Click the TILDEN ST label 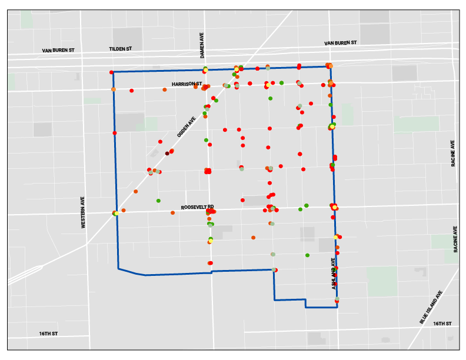[x=121, y=49]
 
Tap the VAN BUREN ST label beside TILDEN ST [x=58, y=51]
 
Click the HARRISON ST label [x=187, y=84]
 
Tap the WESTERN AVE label [x=84, y=212]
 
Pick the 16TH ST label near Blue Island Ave [x=442, y=324]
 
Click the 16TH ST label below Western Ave [x=48, y=334]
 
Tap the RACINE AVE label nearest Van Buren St [x=453, y=154]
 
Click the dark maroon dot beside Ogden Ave [x=167, y=154]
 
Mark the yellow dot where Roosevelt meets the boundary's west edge [x=116, y=214]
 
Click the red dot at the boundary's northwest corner [x=111, y=72]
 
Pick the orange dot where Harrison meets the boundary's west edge [x=113, y=89]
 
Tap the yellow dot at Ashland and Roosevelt [x=335, y=207]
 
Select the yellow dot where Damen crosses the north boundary [x=205, y=70]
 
